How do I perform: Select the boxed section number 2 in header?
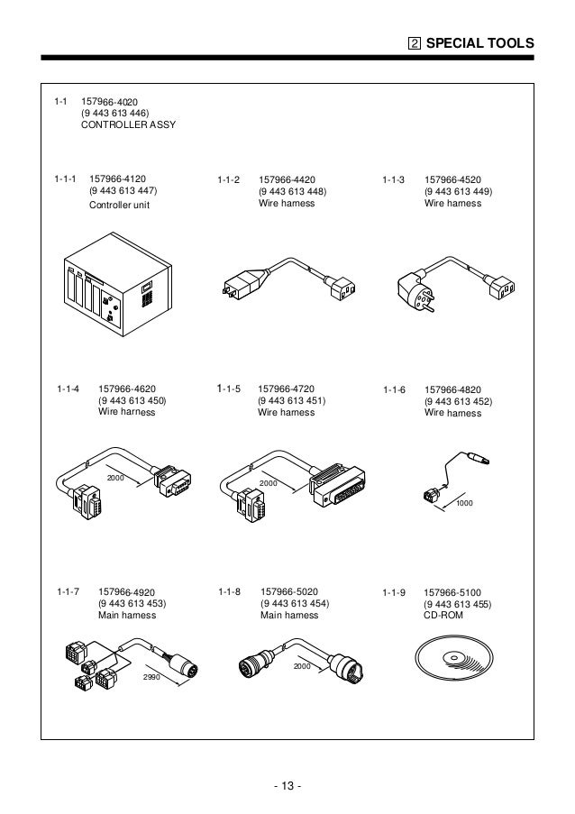pos(415,42)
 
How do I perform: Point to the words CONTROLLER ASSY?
pos(129,124)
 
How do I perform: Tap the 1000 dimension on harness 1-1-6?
pos(465,502)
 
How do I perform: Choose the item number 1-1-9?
pos(393,592)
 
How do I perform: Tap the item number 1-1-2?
pos(229,180)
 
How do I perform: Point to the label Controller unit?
pos(119,205)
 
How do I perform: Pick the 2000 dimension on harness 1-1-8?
pos(302,666)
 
